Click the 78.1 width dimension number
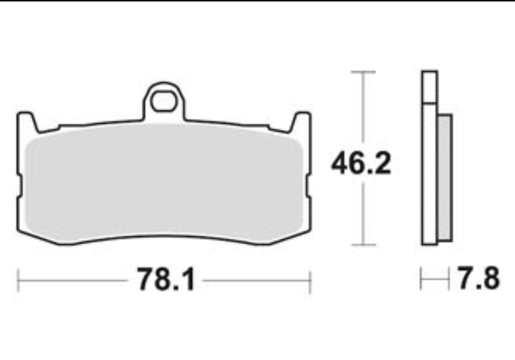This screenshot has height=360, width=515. [x=166, y=280]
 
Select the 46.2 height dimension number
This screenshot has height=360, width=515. [x=361, y=163]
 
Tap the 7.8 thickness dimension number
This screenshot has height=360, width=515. [x=478, y=278]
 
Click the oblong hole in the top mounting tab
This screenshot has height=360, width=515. [x=163, y=101]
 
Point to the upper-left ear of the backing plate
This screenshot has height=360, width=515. [x=27, y=122]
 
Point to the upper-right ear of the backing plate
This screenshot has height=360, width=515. [x=300, y=122]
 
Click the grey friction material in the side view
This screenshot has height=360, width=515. [x=444, y=178]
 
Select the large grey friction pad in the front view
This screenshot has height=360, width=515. [x=164, y=183]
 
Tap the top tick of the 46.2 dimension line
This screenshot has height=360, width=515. [x=363, y=71]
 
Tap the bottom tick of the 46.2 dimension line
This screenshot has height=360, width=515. [x=363, y=245]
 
